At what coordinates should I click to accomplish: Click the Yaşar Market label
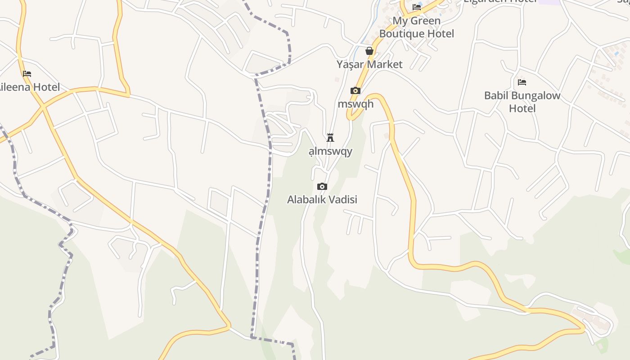coord(369,64)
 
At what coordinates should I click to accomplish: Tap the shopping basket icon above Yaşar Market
coord(369,51)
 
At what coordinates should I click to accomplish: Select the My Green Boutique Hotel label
coord(417,27)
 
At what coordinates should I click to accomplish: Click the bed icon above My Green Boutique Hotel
coord(417,7)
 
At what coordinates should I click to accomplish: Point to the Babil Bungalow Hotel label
coord(522,102)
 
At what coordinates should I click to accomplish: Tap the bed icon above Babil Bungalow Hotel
coord(522,82)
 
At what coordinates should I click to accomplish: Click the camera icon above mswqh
coord(355,90)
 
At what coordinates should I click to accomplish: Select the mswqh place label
coord(355,104)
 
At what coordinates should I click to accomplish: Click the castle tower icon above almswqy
coord(330,138)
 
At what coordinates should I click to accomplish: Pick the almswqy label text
coord(330,151)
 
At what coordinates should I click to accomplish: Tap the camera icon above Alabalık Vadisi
coord(322,186)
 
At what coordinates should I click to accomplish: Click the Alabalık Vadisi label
coord(322,199)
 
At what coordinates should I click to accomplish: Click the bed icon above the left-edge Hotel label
coord(27,73)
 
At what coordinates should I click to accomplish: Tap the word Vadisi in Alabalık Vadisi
coord(342,199)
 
